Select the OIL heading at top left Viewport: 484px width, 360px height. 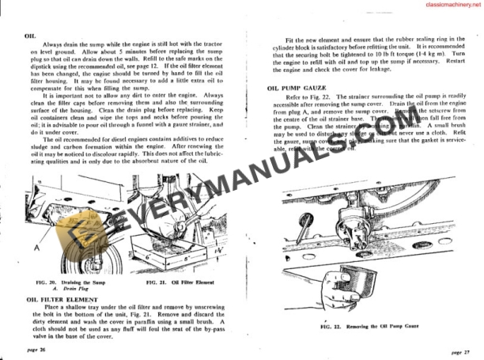(30, 36)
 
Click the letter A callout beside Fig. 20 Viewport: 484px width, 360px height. (35, 246)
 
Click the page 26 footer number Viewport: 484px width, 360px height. (36, 347)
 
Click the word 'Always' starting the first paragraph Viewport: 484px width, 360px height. (55, 44)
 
